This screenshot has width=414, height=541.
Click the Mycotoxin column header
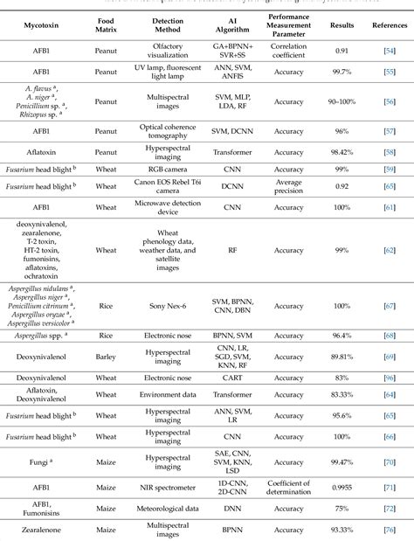[x=41, y=27]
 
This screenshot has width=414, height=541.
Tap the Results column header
[x=342, y=27]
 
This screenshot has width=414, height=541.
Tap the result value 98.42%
[x=342, y=161]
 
